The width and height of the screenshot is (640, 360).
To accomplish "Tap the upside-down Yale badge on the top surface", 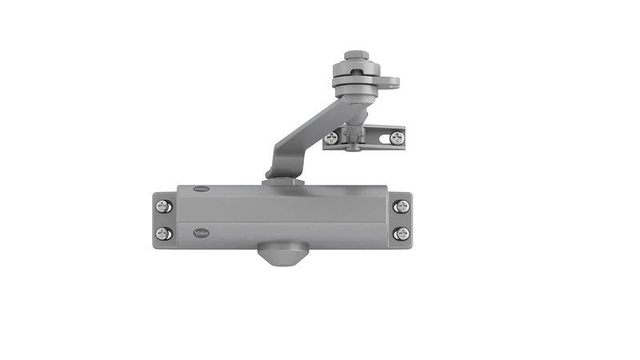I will (202, 190).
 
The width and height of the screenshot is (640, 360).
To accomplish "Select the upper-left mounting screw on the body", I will (163, 206).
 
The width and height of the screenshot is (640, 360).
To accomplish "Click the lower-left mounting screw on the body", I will (163, 234).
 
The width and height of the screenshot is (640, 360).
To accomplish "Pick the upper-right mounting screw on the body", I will (402, 206).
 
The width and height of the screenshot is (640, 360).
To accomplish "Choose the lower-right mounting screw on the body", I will (402, 234).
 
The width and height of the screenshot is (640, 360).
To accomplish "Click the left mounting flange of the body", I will (163, 220).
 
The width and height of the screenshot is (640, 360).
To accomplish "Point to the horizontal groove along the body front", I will (280, 222).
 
